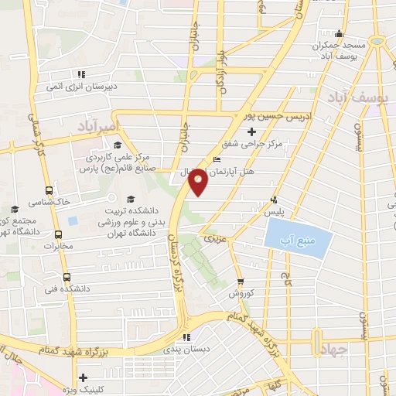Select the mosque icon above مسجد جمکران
coord(338,33)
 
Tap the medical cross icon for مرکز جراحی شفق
coord(274,132)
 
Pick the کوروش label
coord(240,295)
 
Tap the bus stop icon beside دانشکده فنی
coord(66,276)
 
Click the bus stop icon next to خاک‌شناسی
coord(49,189)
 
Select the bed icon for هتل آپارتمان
coord(216,160)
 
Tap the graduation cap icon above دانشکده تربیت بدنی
coord(130,198)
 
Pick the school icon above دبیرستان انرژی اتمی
coord(80,75)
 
